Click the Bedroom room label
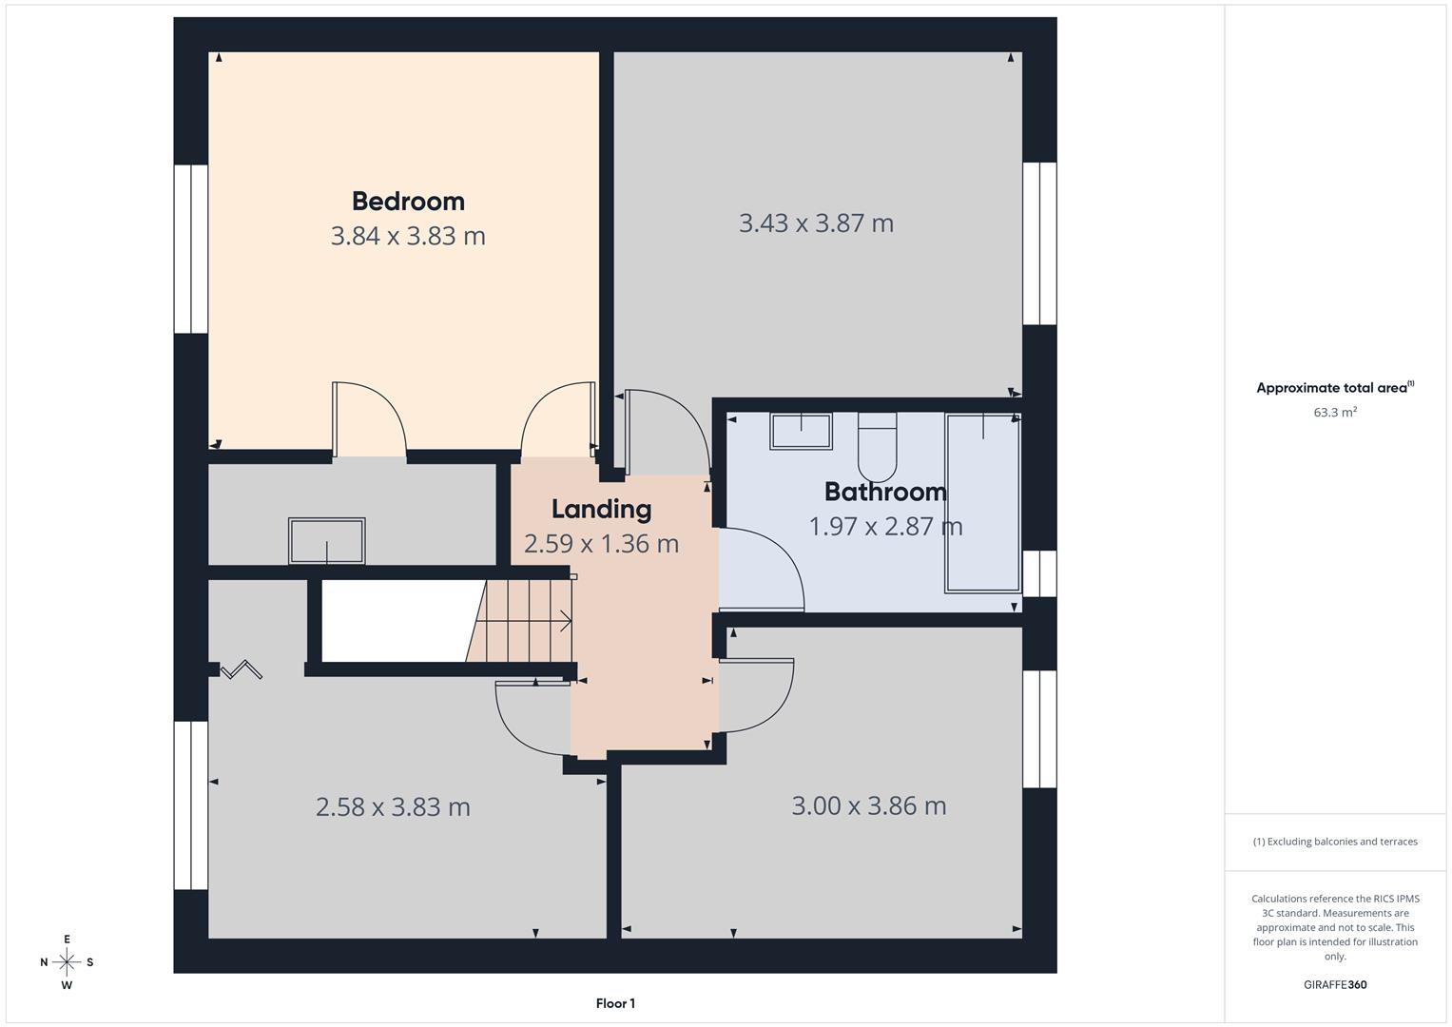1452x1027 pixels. click(x=408, y=201)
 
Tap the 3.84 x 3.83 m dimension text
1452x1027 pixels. click(x=408, y=236)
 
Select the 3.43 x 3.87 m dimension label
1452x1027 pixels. click(x=816, y=223)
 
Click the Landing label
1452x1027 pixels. click(x=601, y=509)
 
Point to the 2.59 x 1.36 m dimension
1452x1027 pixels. click(x=601, y=544)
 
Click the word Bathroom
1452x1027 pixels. click(x=885, y=492)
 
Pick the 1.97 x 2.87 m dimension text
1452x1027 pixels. click(x=885, y=526)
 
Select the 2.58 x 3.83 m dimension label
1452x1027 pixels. click(x=393, y=807)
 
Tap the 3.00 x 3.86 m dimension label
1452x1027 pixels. click(x=868, y=806)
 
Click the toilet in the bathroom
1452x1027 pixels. click(x=877, y=448)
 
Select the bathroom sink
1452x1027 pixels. click(x=801, y=431)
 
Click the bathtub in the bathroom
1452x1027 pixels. click(x=982, y=503)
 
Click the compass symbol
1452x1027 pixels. click(x=67, y=962)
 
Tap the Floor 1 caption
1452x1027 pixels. click(x=615, y=1003)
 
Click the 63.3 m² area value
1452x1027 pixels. click(x=1334, y=413)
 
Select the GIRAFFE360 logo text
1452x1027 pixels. click(x=1334, y=985)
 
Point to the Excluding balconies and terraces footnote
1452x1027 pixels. click(x=1334, y=842)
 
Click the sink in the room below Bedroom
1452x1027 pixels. click(x=326, y=541)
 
